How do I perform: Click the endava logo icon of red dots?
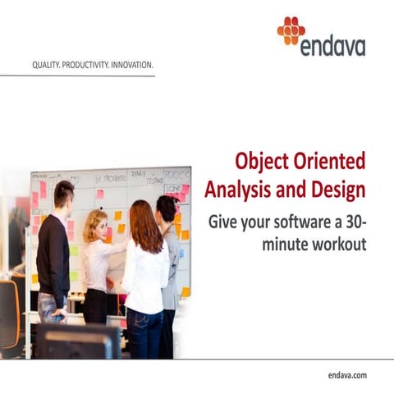pyautogui.click(x=291, y=31)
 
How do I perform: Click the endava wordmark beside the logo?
pyautogui.click(x=332, y=45)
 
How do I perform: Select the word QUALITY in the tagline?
pyautogui.click(x=44, y=62)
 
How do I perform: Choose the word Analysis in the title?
pyautogui.click(x=236, y=189)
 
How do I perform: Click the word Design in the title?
pyautogui.click(x=336, y=189)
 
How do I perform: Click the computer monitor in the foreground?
pyautogui.click(x=79, y=341)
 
